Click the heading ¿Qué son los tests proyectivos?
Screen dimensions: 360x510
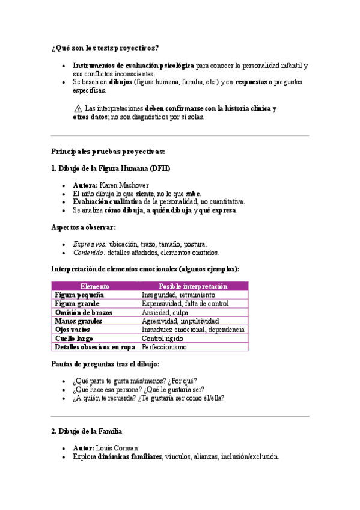pyautogui.click(x=105, y=48)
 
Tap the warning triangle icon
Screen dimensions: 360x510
pyautogui.click(x=78, y=109)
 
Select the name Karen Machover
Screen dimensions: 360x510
pyautogui.click(x=124, y=185)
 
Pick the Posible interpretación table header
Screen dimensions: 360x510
pyautogui.click(x=193, y=287)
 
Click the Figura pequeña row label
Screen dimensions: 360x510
pyautogui.click(x=79, y=295)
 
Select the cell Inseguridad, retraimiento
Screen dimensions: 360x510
pyautogui.click(x=178, y=295)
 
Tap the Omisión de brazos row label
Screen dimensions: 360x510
pyautogui.click(x=84, y=313)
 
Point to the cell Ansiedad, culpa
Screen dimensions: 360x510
pyautogui.click(x=165, y=313)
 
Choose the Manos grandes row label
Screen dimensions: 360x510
pyautogui.click(x=78, y=321)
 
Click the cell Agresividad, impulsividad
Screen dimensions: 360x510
pyautogui.click(x=180, y=321)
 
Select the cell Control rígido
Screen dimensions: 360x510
pyautogui.click(x=162, y=339)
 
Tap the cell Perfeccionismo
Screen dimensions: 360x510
pyautogui.click(x=164, y=347)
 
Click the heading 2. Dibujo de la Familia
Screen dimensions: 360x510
pyautogui.click(x=87, y=431)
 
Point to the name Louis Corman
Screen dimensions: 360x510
pyautogui.click(x=118, y=448)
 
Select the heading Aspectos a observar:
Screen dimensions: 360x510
pyautogui.click(x=84, y=227)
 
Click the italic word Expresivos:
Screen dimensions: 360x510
pyautogui.click(x=90, y=244)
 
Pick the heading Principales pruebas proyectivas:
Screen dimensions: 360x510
pyautogui.click(x=108, y=152)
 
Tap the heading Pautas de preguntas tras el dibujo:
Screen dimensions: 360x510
pyautogui.click(x=105, y=364)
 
